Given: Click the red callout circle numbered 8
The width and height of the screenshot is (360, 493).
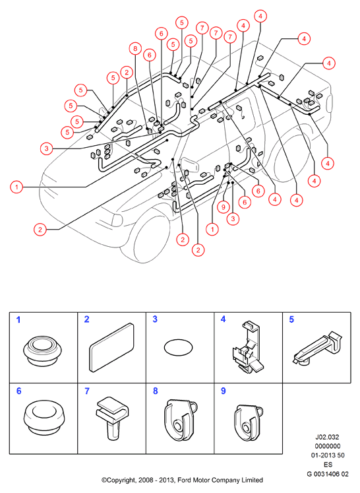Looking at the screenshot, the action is [135, 48].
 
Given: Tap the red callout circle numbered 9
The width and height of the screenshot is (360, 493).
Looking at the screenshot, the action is [224, 207].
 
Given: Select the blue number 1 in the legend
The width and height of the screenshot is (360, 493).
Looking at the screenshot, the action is [18, 320].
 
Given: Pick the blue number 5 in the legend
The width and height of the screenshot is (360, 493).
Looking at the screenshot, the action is [291, 319].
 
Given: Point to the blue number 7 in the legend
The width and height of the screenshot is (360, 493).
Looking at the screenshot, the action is [87, 391].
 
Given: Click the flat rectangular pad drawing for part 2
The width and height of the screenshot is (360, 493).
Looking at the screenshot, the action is [111, 347].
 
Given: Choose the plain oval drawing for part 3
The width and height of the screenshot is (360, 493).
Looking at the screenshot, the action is [178, 348].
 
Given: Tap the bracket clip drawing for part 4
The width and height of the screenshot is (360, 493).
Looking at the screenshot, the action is [248, 347].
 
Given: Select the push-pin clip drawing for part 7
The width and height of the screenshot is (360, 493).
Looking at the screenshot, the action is [112, 418].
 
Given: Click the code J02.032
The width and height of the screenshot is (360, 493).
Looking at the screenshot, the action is [327, 437].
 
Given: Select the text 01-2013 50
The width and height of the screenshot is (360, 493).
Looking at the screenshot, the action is [327, 455].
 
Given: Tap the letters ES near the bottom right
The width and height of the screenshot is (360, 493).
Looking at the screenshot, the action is [328, 465].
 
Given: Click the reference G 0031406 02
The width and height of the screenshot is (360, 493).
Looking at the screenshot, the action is [327, 474].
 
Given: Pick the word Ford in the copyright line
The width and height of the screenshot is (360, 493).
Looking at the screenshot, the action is [185, 480].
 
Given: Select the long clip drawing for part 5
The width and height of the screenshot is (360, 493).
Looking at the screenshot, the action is [318, 348].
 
